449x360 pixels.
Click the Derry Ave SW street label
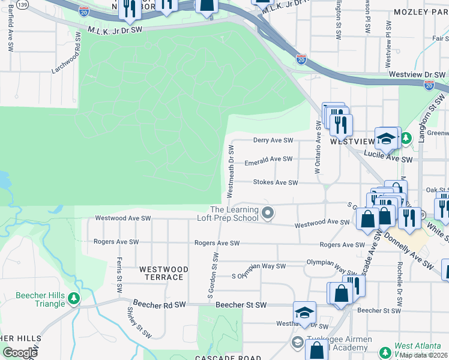[273, 140]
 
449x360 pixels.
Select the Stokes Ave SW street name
[275, 182]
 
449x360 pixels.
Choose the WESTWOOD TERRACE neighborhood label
[161, 274]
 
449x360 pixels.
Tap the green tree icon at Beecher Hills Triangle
[74, 298]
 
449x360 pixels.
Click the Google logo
[20, 353]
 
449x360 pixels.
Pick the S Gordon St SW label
[212, 275]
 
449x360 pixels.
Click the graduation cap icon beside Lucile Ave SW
[387, 139]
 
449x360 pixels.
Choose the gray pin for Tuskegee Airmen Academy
[297, 342]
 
